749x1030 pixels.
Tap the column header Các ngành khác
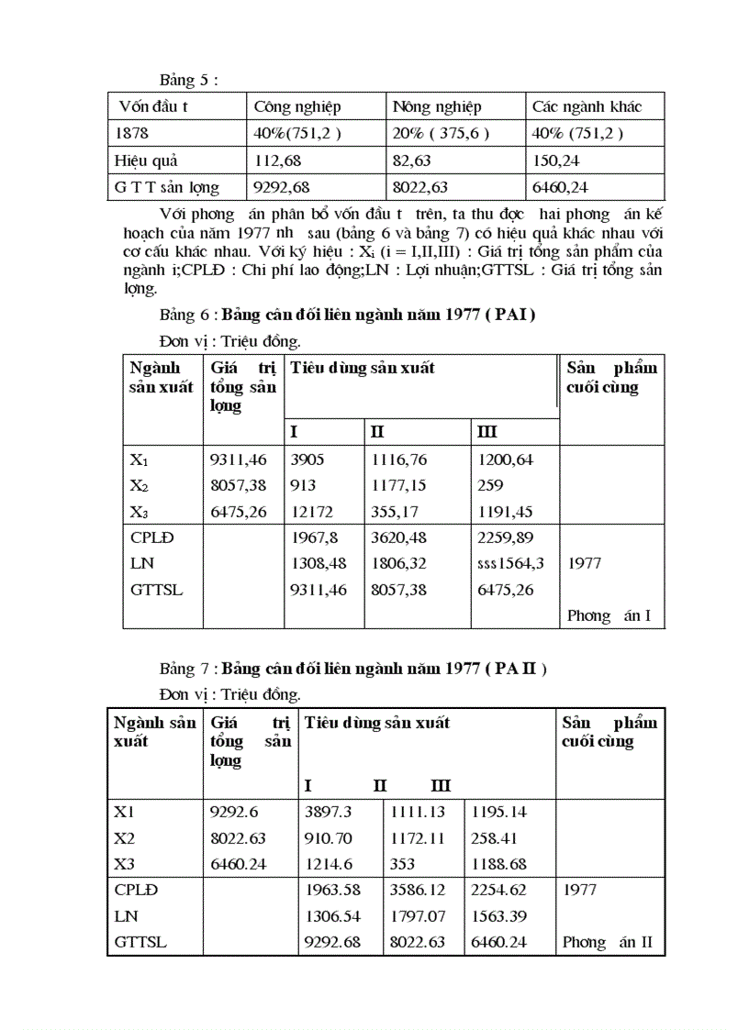[x=587, y=106]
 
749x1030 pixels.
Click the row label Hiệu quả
[x=146, y=161]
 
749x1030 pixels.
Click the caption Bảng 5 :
[x=188, y=79]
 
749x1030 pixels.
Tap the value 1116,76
[x=398, y=460]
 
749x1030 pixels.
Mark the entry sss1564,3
[x=510, y=563]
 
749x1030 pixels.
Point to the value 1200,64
[x=506, y=460]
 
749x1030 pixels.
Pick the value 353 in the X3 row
[x=402, y=864]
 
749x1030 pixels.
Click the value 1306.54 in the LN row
[x=334, y=915]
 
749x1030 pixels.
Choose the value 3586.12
[x=418, y=890]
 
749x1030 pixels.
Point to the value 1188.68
[x=499, y=864]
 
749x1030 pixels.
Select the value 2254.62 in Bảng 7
[x=499, y=890]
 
